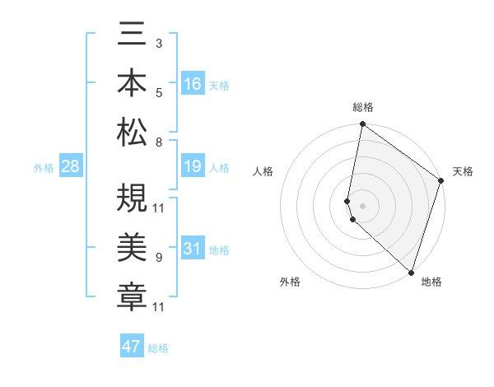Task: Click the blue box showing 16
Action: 192,83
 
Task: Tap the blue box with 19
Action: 192,167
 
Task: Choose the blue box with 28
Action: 70,167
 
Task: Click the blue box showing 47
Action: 131,347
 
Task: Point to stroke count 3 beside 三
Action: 158,42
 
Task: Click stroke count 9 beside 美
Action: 158,258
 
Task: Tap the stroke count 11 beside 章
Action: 159,307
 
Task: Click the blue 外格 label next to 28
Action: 44,168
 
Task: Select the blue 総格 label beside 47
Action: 158,348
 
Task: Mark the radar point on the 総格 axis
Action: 362,124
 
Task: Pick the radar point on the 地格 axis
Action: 411,272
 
